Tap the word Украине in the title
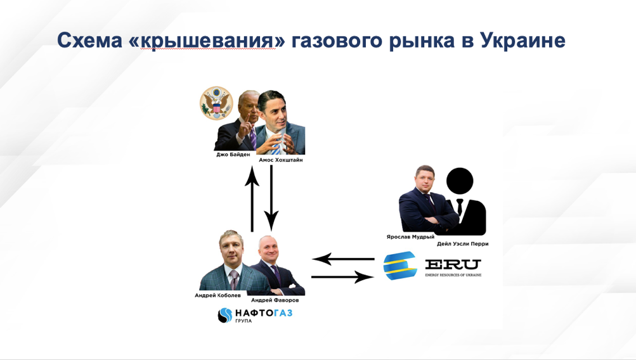(x=522, y=41)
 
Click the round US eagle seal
(x=217, y=103)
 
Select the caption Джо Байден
(x=233, y=155)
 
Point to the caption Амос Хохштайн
(x=281, y=160)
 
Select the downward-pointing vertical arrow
(x=271, y=198)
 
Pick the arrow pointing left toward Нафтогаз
(x=343, y=259)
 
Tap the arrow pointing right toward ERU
(x=343, y=277)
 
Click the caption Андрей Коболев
(x=217, y=295)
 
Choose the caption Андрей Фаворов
(x=275, y=300)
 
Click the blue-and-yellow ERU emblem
(x=400, y=266)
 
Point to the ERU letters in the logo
(x=453, y=265)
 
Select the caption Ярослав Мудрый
(x=410, y=237)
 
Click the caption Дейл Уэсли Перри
(x=463, y=244)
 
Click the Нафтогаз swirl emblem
(x=225, y=315)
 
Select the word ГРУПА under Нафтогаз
(x=243, y=321)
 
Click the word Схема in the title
(x=89, y=41)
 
